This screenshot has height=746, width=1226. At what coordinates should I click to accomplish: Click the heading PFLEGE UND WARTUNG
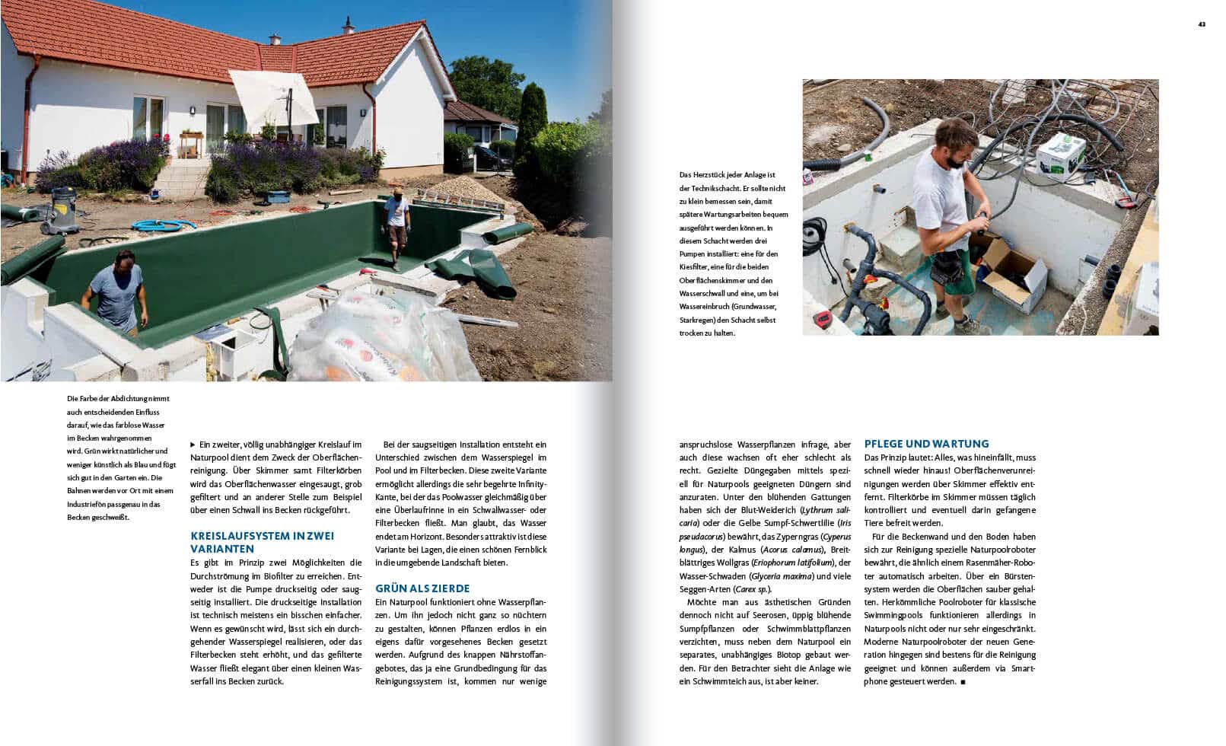pos(926,444)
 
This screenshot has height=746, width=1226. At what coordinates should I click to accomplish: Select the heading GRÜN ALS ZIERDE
pos(422,588)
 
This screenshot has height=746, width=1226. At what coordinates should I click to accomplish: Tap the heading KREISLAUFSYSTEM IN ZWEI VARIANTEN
pos(262,542)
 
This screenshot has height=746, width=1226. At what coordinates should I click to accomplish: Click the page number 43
pos(1202,24)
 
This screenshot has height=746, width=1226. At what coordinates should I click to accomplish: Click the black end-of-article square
pos(963,681)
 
